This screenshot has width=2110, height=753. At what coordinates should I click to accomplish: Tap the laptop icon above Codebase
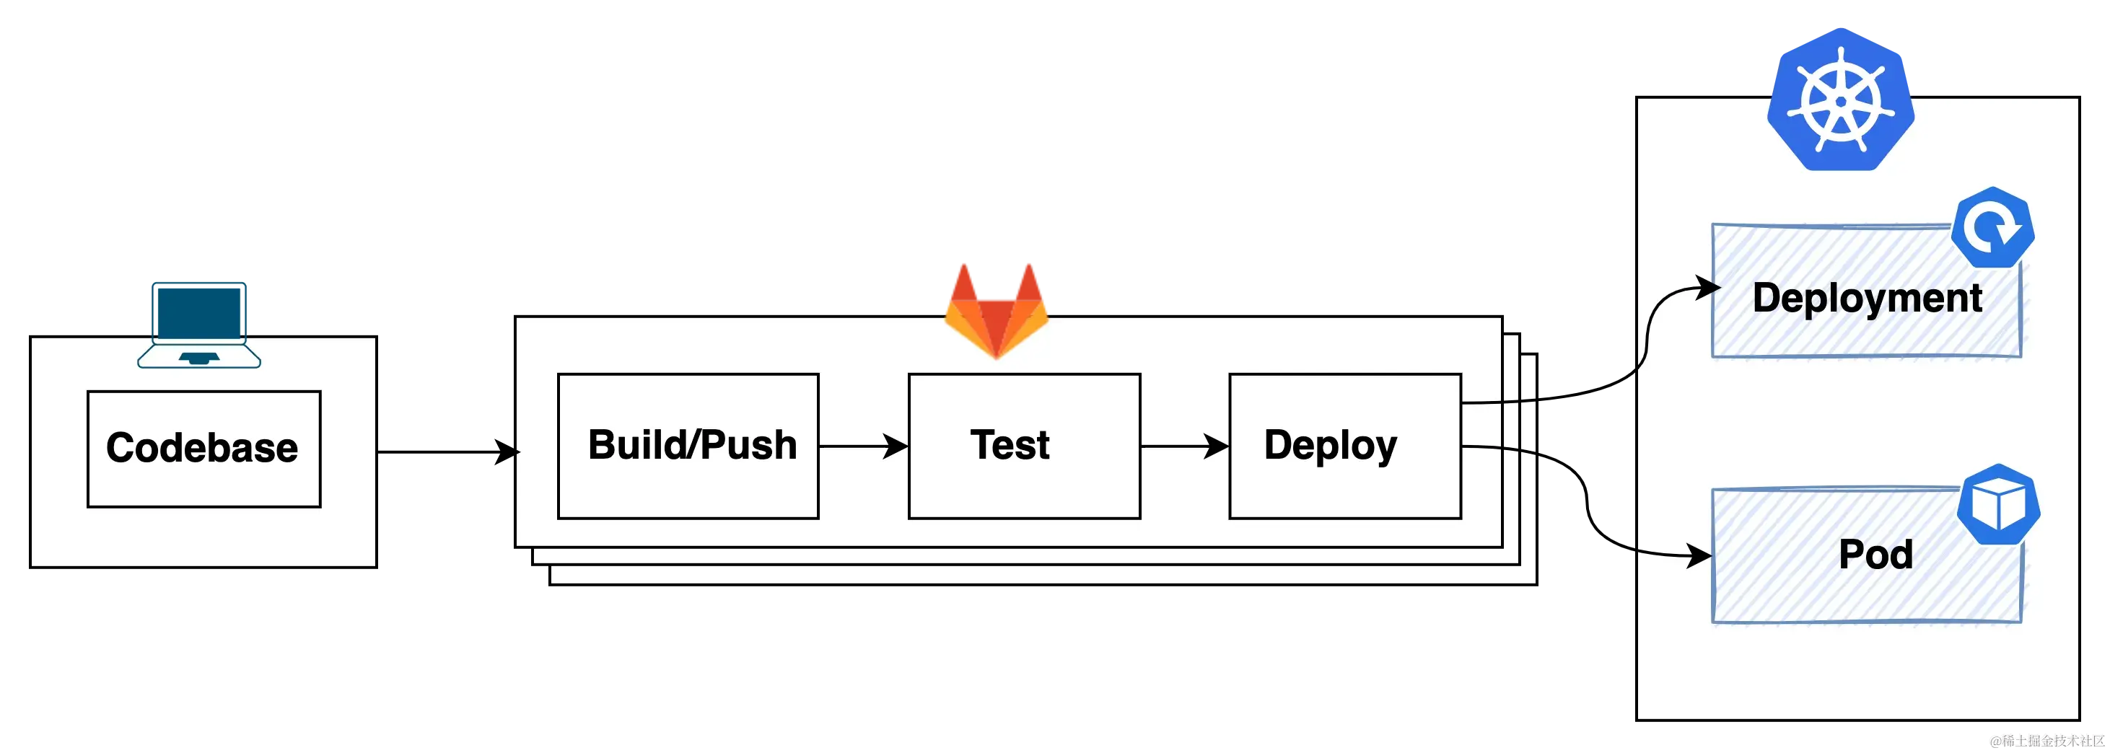tap(199, 324)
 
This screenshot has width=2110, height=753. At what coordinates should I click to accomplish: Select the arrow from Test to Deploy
tap(1184, 446)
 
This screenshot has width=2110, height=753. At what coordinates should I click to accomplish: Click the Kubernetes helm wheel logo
tap(1841, 101)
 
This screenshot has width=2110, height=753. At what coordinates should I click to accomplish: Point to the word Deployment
tap(1867, 298)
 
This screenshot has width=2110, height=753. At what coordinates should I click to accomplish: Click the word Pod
tap(1875, 555)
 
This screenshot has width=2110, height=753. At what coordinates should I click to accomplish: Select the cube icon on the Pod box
tap(1997, 505)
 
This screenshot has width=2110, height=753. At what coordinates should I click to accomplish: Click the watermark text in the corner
tap(2045, 741)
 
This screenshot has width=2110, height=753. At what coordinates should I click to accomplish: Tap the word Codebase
tap(201, 448)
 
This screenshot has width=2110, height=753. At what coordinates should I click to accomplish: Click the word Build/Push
tap(692, 444)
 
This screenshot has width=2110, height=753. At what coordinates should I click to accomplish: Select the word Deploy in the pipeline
tap(1330, 445)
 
